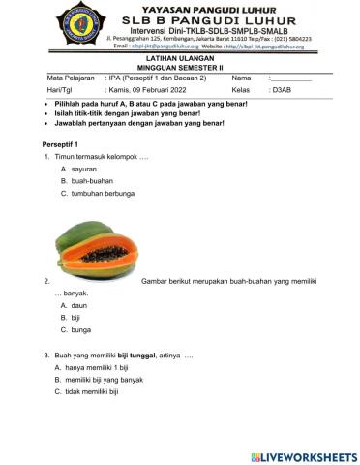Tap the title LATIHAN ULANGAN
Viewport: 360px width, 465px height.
tap(180, 59)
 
